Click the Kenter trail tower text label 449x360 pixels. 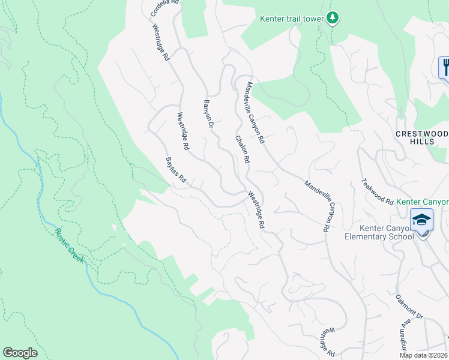(292, 19)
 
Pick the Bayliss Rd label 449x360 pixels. (176, 170)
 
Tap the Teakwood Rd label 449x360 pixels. (377, 191)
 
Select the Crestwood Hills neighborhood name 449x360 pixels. (423, 137)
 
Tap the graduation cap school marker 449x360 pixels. (422, 220)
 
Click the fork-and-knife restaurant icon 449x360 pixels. (445, 67)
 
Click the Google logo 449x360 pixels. (20, 353)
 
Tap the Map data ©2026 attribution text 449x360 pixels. (424, 355)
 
